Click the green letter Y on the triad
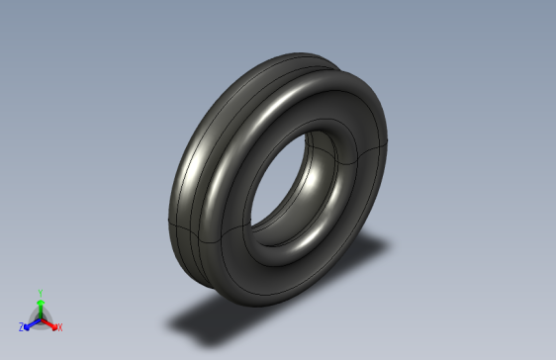[40, 293]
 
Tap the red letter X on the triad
[59, 326]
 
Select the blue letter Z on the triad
[22, 326]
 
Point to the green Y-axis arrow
[40, 306]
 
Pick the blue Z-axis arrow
[31, 322]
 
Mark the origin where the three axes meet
[40, 317]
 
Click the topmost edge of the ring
[297, 51]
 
